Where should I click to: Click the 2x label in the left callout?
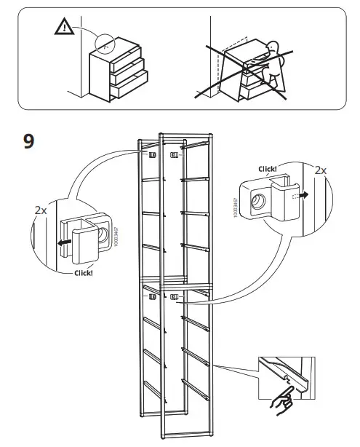40,209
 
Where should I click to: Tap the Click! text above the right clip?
268,169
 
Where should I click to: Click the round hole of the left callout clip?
101,234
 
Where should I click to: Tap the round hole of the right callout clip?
257,202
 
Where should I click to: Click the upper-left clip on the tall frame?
153,154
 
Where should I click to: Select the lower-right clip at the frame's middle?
174,296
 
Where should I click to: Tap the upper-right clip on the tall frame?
174,155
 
